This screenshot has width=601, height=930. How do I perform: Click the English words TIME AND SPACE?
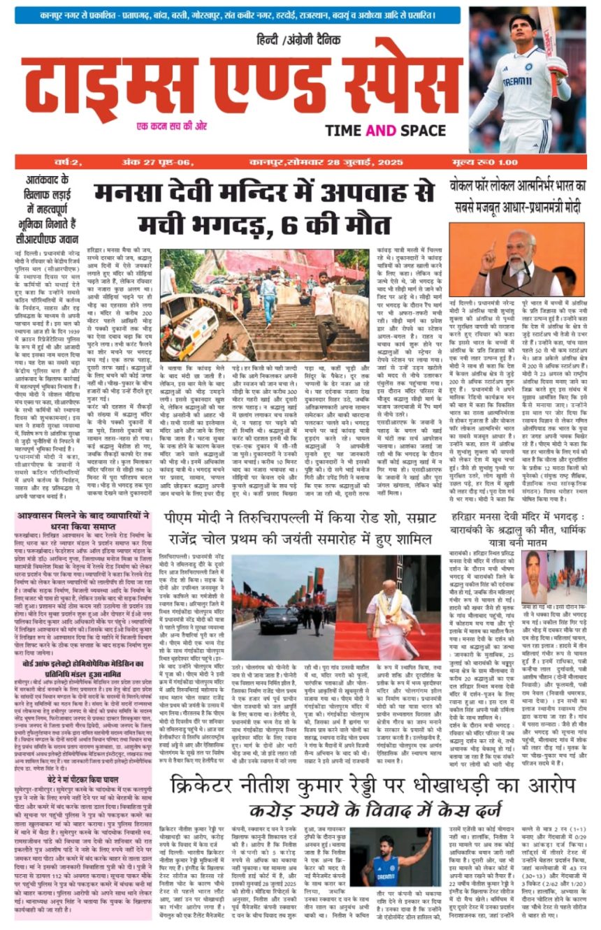(385, 131)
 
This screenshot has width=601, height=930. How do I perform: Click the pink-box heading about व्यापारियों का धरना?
(85, 542)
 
